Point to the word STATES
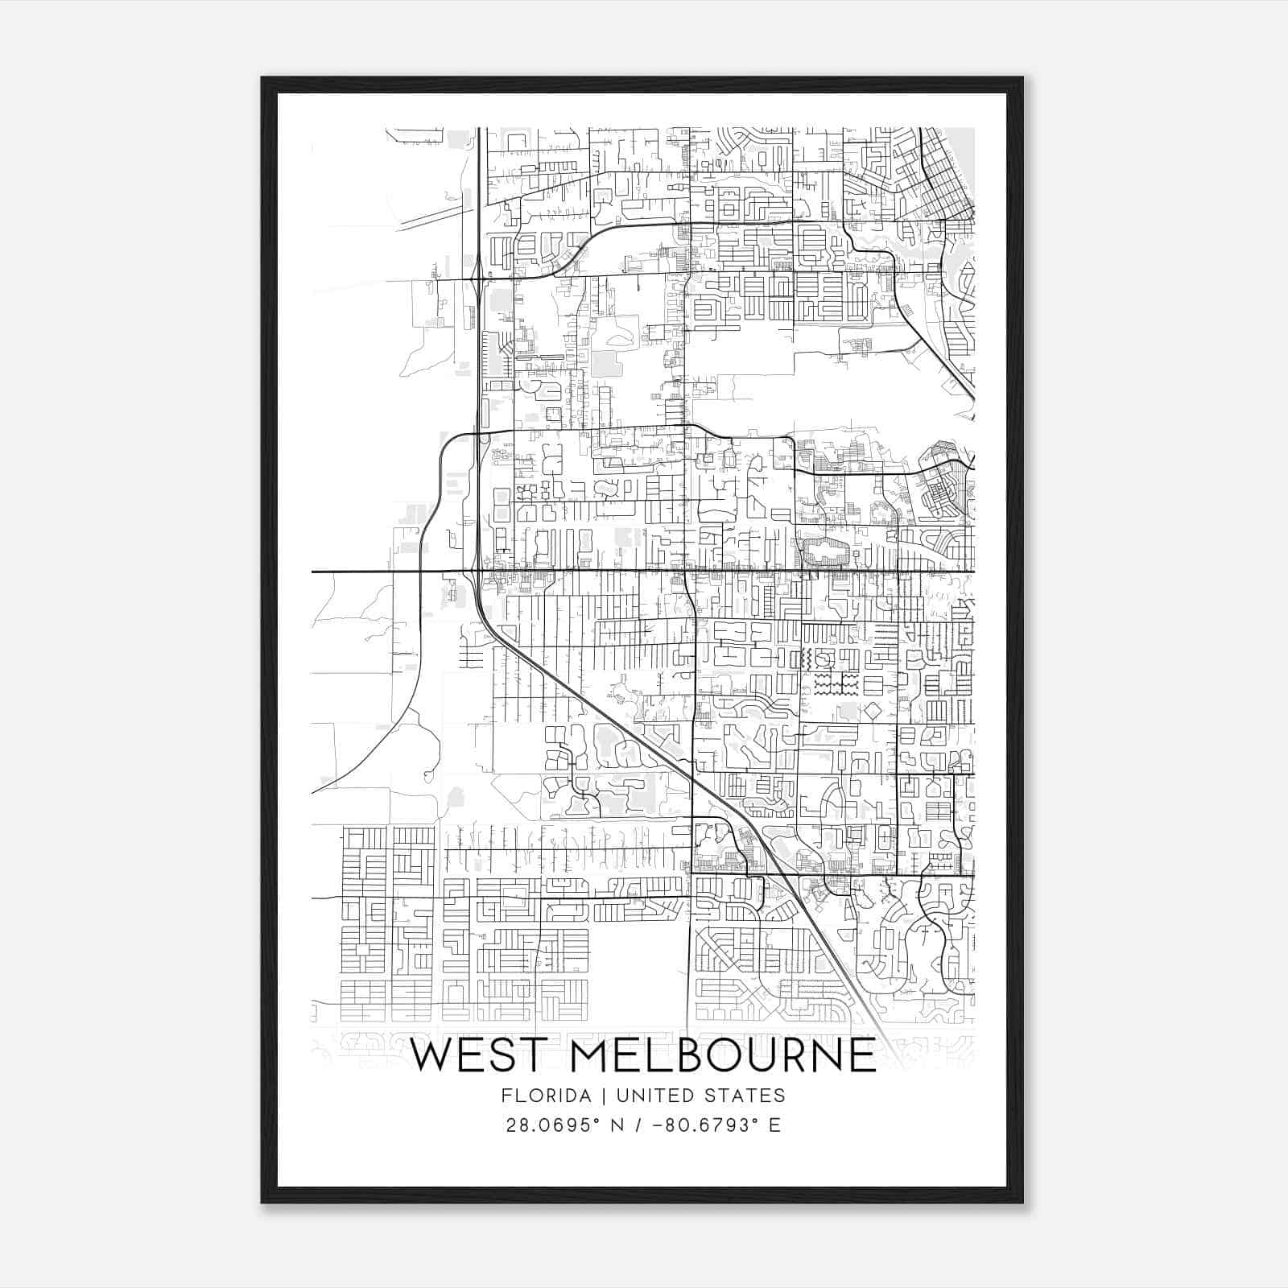745,1096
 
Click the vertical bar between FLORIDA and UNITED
592,1096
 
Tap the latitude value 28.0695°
554,1125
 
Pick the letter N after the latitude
617,1125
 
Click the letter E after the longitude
774,1125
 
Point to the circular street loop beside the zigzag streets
822,659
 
